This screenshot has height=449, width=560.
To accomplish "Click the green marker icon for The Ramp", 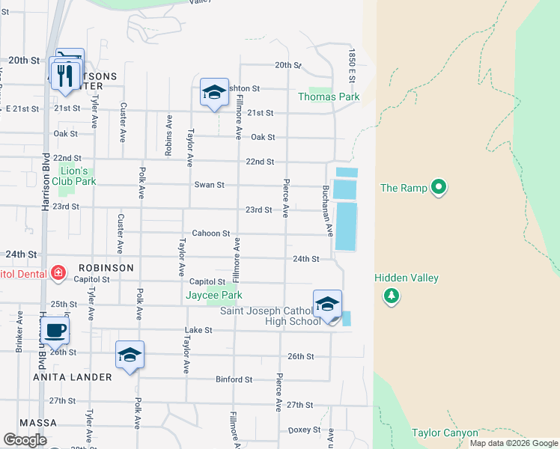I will pos(439,187).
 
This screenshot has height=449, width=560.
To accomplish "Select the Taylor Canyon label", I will pos(444,433).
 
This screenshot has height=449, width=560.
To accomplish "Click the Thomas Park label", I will pos(329,97).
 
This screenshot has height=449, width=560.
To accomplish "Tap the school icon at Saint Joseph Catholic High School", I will pos(327,305).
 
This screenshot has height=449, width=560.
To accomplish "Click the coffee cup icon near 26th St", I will pos(56,330).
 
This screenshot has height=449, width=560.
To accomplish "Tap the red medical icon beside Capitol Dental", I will pos(58,272).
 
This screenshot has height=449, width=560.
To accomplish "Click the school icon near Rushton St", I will pos(214,92).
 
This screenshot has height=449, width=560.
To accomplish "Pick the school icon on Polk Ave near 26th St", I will pos(130,355).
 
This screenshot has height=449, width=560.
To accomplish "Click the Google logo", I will pos(25,440).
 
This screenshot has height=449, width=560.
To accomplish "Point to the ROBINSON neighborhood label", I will pos(106,267).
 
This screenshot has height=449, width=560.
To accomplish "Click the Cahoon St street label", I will pos(210,233).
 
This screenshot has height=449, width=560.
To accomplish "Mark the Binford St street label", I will pos(234,379).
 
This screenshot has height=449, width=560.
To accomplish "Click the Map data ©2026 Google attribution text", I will pos(513,443).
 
